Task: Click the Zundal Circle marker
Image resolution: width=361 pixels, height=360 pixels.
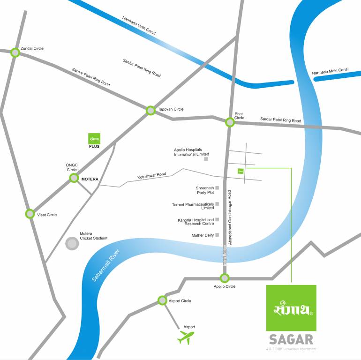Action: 15,52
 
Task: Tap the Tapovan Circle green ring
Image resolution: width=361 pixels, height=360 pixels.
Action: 150,111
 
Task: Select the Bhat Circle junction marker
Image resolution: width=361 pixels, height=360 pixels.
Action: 230,122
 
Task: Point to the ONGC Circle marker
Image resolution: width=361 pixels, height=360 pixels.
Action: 74,178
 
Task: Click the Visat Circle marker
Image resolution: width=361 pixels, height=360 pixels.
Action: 30,214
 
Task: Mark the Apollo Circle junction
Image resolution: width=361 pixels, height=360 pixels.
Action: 225,277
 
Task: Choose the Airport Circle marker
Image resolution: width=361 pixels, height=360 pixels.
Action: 162,300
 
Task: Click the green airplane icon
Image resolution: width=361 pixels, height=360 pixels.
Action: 186,337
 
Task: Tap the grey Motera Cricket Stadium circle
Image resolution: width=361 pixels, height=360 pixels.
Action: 72,244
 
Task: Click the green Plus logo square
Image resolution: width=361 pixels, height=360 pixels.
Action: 94,139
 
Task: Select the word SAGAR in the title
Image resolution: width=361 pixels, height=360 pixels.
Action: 291,339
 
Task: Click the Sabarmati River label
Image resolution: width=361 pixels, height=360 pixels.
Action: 106,265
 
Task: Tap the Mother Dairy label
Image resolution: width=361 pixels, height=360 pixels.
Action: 203,235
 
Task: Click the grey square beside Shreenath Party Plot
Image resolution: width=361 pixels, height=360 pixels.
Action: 217,188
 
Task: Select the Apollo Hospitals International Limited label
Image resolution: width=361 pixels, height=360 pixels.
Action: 191,152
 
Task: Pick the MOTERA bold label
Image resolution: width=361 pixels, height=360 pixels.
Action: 90,179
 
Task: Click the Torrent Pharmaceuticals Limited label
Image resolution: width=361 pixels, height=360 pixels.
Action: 193,206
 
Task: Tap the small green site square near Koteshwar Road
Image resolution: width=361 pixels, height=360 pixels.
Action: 241,171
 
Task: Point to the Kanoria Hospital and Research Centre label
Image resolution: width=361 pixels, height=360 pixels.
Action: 196,221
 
